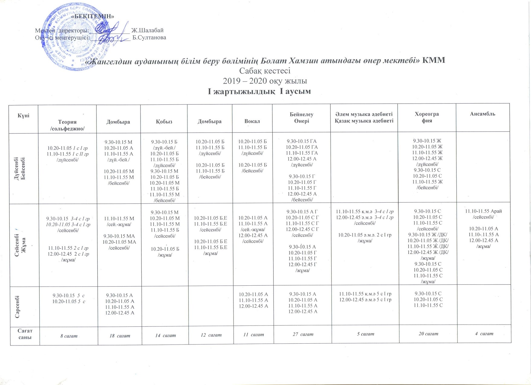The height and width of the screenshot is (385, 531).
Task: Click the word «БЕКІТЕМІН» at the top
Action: pos(94,16)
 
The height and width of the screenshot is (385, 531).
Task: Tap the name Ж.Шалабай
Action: pos(147,30)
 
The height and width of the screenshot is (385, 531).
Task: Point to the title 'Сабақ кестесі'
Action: pos(265,71)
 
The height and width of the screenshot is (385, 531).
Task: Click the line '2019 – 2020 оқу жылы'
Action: pos(265,81)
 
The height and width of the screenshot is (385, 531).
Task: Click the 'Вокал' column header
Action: pos(252,121)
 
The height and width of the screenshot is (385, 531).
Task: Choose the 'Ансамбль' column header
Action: pos(482,114)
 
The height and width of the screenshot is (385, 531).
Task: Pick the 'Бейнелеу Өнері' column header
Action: pos(301,118)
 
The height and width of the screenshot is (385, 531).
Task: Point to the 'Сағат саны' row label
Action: pos(25,334)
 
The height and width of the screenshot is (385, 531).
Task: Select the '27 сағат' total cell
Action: pos(303,334)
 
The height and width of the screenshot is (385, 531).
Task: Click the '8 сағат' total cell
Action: pos(69,335)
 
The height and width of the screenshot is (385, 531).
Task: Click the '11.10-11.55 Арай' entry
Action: pos(483,211)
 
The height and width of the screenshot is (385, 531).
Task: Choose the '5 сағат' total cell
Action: pos(365,334)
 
